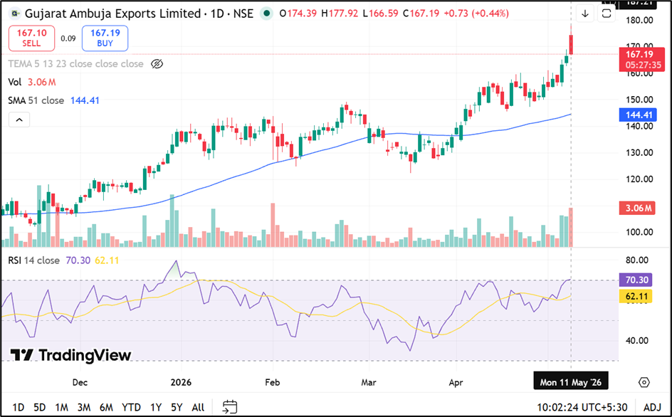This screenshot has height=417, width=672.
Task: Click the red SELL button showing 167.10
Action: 32,38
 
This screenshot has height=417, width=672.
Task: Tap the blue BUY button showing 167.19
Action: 105,38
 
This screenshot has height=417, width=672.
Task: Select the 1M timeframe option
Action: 62,407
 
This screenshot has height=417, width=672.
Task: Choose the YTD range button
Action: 131,407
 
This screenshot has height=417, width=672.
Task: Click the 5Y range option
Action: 177,407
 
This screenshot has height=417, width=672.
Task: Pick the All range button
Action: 198,407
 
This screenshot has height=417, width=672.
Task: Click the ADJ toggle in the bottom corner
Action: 652,407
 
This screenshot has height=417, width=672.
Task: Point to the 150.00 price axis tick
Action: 639,100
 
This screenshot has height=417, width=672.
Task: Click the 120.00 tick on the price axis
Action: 639,179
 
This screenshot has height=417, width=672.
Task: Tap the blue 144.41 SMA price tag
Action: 638,115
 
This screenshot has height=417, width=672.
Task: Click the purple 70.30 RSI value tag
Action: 636,280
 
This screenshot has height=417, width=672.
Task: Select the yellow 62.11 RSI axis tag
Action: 636,296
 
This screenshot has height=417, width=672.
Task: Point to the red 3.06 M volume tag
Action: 637,208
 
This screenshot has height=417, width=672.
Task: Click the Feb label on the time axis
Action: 272,382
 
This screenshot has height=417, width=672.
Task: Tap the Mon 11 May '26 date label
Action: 570,382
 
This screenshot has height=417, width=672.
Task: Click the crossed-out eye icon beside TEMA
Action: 157,64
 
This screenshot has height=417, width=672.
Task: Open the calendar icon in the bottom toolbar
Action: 230,407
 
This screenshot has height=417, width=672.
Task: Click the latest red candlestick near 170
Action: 571,45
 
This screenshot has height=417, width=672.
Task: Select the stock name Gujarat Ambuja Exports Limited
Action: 112,14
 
